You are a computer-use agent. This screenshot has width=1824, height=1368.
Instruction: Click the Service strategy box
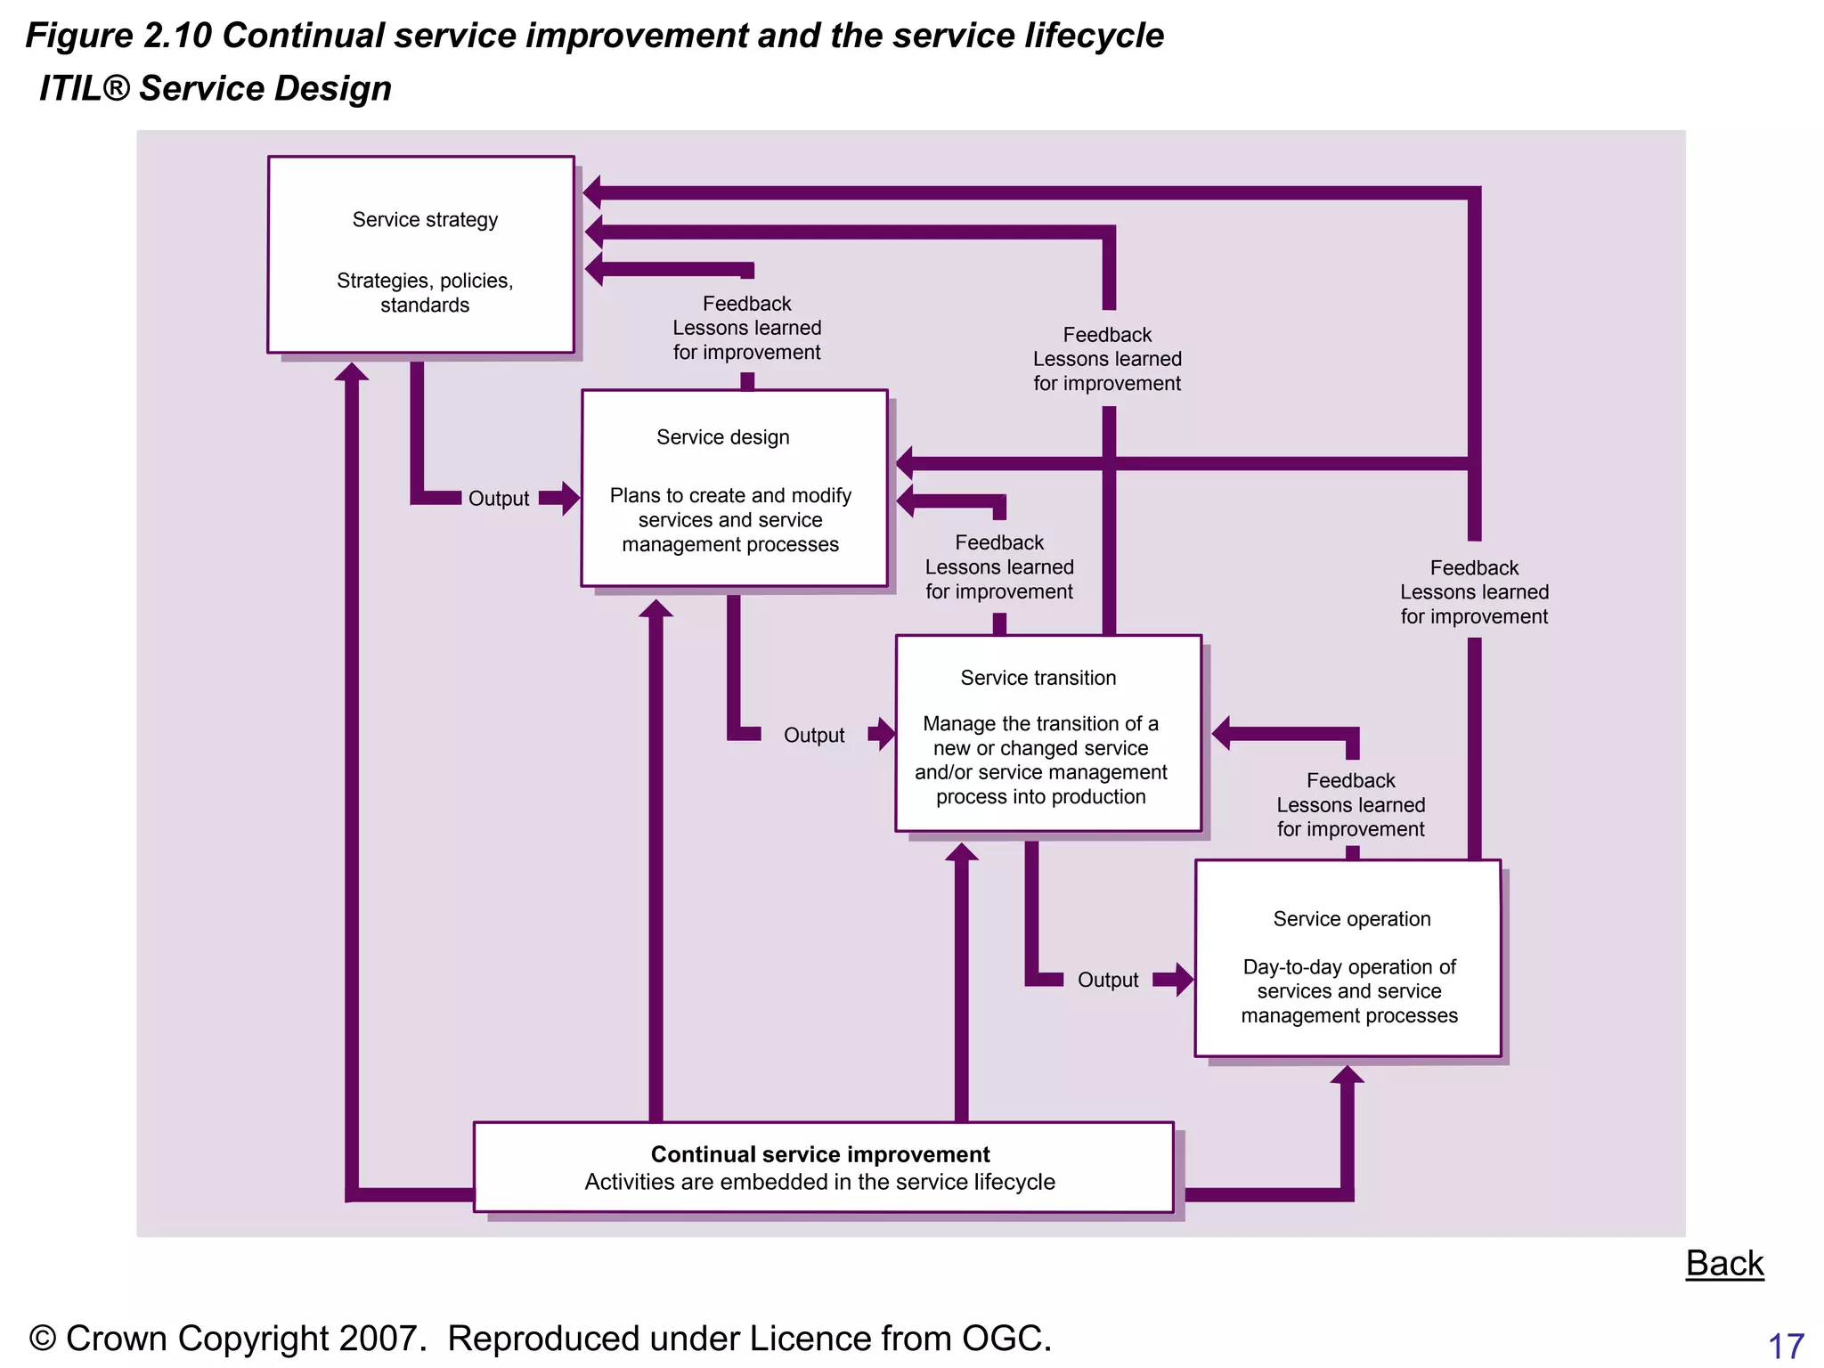[420, 255]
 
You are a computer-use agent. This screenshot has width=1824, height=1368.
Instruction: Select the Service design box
[734, 488]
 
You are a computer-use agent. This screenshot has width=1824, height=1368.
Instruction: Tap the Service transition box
[1048, 733]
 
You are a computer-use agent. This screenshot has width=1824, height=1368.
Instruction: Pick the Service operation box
[1348, 958]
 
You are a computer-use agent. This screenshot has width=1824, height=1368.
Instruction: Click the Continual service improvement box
[823, 1167]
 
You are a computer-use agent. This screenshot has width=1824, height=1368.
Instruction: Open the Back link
[1724, 1263]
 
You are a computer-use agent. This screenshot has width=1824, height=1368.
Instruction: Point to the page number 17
[1786, 1346]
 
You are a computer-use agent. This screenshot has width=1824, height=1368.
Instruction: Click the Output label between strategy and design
[499, 499]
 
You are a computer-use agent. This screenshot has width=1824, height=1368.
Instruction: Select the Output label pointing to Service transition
[814, 736]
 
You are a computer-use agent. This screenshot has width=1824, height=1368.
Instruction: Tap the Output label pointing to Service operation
[1108, 980]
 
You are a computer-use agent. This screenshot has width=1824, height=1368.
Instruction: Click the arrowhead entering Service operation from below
[1348, 1075]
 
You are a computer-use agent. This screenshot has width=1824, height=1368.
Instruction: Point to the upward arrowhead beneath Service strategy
[352, 372]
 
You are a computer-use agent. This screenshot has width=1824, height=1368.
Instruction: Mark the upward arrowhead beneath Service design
[656, 609]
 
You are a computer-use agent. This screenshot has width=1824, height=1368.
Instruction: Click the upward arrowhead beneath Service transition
[962, 852]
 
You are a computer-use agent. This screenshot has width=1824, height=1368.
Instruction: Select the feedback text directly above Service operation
[1350, 805]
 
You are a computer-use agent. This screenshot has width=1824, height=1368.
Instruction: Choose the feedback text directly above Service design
[746, 328]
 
